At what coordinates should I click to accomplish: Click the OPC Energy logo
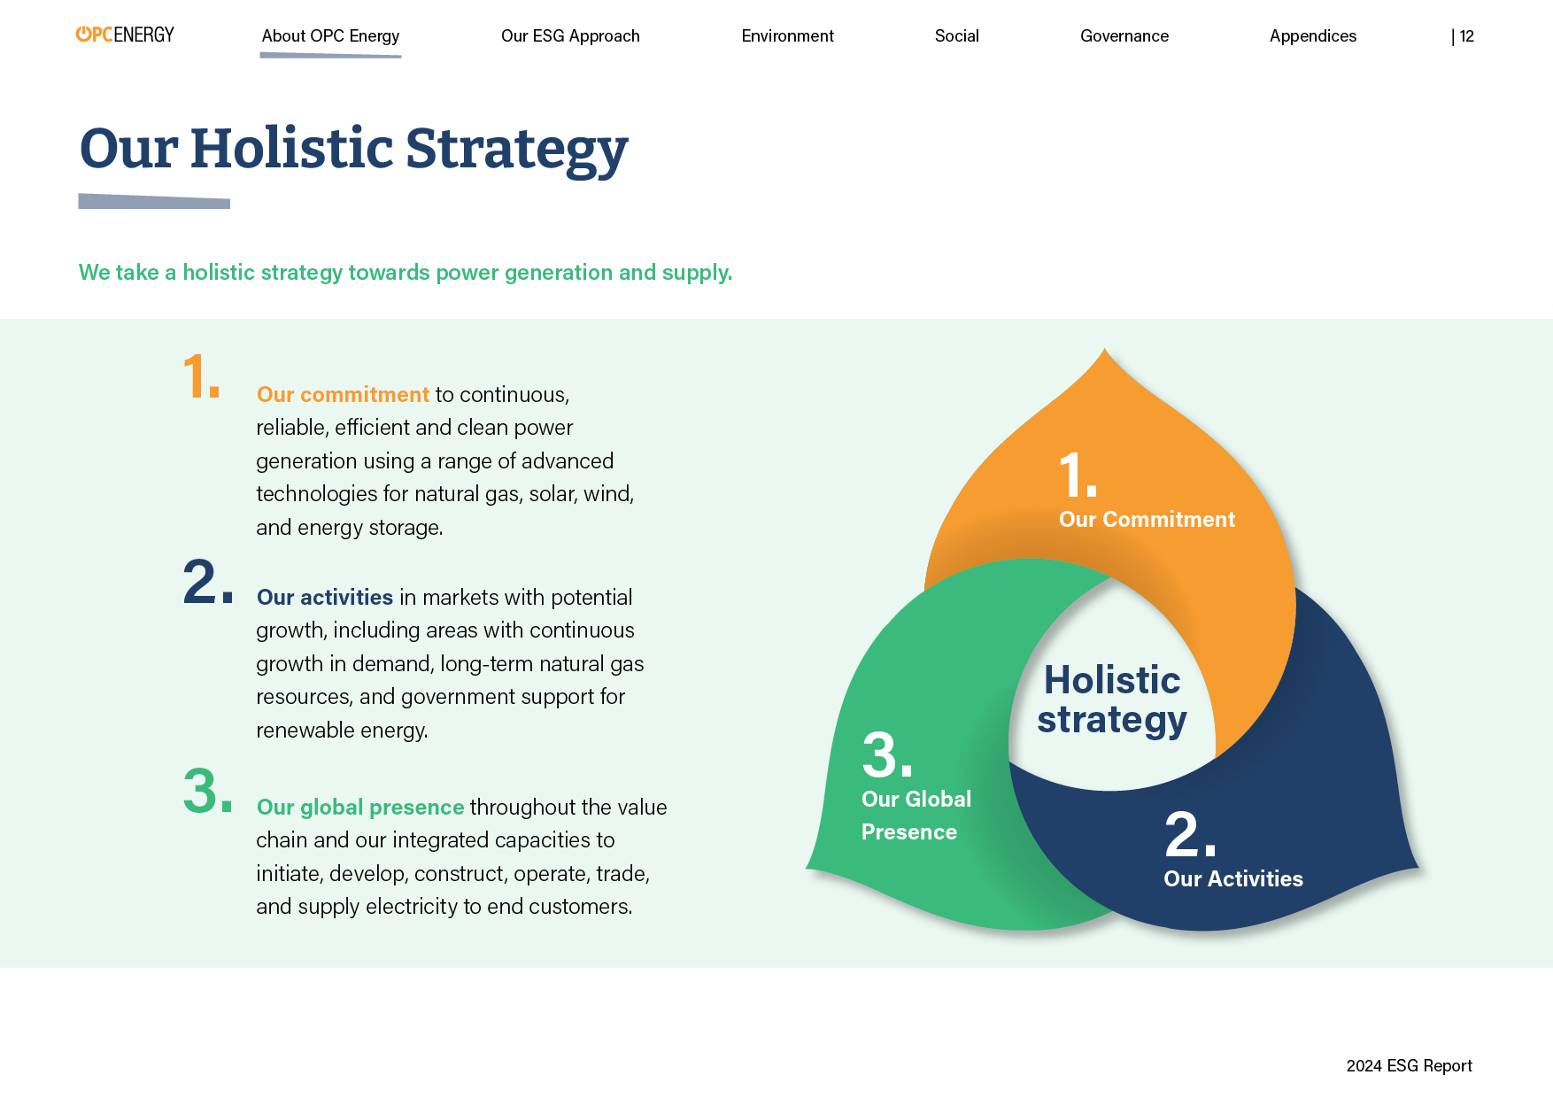(x=125, y=35)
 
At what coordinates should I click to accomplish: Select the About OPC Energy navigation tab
(x=330, y=36)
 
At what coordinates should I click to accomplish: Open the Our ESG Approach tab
(x=570, y=36)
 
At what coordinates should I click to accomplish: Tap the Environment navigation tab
(x=788, y=36)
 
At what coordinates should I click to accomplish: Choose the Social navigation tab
(x=957, y=36)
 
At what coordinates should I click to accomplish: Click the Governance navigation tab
(x=1124, y=36)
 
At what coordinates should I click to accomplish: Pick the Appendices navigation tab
(x=1313, y=36)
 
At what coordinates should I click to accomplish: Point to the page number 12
(x=1467, y=36)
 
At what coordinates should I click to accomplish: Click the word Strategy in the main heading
(x=517, y=149)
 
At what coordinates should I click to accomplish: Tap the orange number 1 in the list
(x=201, y=375)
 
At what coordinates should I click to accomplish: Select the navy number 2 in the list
(x=208, y=582)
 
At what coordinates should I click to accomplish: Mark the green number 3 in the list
(x=208, y=790)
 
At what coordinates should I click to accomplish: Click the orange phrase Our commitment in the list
(x=343, y=395)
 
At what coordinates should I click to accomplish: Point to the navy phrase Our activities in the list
(x=325, y=598)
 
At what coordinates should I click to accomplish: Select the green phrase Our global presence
(x=360, y=808)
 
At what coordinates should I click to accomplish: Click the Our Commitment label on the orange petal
(x=1147, y=520)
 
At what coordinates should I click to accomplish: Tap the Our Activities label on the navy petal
(x=1233, y=879)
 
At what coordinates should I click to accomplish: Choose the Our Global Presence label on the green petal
(x=916, y=816)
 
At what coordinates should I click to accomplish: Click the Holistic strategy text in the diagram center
(x=1112, y=700)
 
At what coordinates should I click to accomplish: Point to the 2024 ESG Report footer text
(x=1410, y=1066)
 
